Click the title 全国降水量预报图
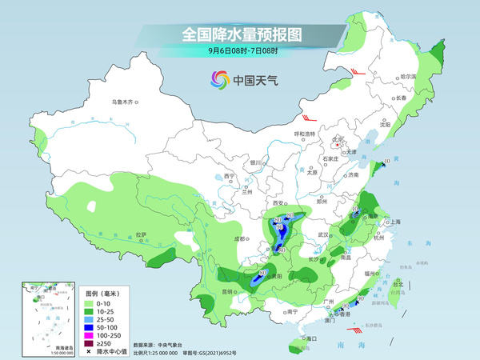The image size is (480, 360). click(x=239, y=34)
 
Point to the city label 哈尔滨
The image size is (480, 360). click(x=409, y=76)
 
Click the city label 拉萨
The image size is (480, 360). click(x=141, y=234)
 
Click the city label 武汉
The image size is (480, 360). click(x=323, y=234)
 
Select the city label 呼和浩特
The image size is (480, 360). click(x=306, y=134)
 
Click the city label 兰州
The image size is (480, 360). click(x=246, y=192)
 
